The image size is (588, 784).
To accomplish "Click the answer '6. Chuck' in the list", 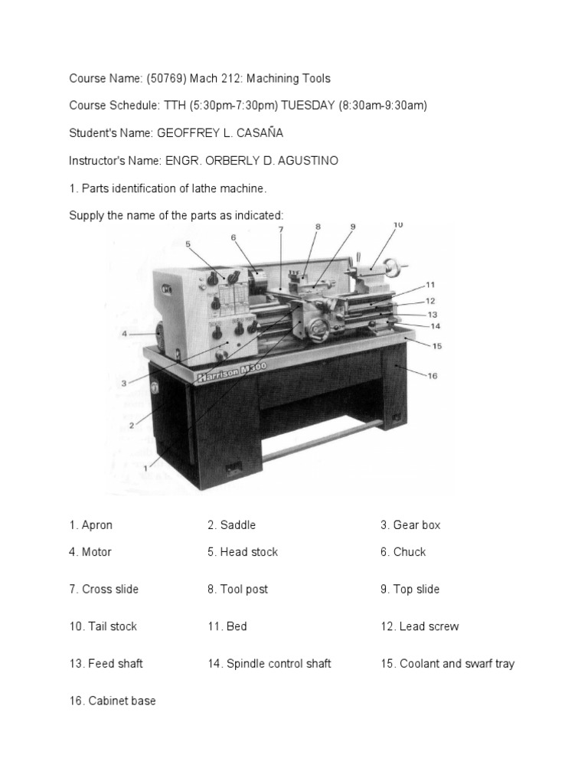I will tap(403, 552).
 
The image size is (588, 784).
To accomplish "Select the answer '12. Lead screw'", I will tap(420, 626).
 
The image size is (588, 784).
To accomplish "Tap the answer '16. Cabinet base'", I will tap(113, 701).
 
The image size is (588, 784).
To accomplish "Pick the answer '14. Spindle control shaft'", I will tap(269, 664).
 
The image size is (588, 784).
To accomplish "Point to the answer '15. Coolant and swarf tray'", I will tap(447, 664).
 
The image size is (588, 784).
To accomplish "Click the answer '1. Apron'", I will tap(90, 525).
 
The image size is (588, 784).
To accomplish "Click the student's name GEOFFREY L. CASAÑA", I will tap(220, 132).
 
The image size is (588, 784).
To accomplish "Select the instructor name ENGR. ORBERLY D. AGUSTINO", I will tap(251, 161).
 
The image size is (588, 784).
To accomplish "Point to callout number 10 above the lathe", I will tap(397, 225).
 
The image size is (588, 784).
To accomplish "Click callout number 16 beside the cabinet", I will tap(432, 375).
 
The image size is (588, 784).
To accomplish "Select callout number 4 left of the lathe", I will tap(123, 334).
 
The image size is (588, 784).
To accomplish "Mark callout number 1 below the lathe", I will tap(146, 466).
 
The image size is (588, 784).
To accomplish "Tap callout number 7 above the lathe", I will tap(281, 230).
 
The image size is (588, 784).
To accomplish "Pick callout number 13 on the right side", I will tap(432, 314).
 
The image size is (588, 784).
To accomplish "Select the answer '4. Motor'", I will tap(90, 552).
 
